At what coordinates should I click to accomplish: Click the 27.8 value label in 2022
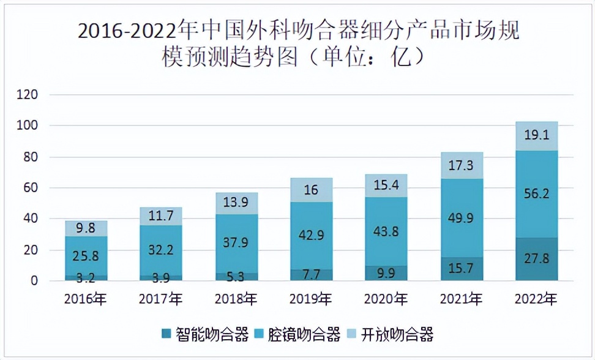pyautogui.click(x=537, y=258)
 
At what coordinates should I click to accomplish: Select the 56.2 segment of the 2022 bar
pyautogui.click(x=537, y=193)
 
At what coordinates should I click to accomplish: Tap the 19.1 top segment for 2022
pyautogui.click(x=537, y=136)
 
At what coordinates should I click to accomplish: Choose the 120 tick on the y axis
pyautogui.click(x=28, y=95)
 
